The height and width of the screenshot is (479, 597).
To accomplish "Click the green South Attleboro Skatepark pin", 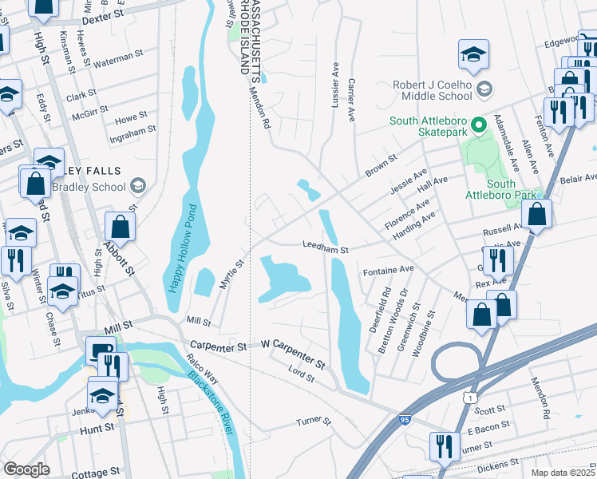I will [478, 125].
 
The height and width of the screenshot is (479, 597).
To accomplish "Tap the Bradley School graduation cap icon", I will [138, 187].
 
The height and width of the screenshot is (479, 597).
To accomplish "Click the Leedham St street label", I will [325, 249].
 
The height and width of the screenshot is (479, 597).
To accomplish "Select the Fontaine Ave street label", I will [389, 270].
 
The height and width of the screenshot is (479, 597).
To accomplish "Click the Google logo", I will [26, 469].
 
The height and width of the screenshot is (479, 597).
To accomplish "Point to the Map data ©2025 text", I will [563, 473].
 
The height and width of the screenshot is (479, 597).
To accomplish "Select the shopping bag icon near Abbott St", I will [119, 226].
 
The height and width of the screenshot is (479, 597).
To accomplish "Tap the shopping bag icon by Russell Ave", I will [537, 214].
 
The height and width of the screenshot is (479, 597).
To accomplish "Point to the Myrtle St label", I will [231, 274].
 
